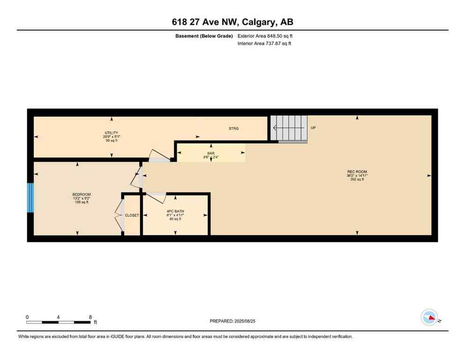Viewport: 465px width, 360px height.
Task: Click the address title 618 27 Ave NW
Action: coord(232,22)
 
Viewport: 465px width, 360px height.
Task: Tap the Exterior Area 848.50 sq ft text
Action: coord(265,36)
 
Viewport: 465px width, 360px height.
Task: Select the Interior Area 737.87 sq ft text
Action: coord(264,44)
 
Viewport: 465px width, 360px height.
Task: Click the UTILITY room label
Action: coord(111,133)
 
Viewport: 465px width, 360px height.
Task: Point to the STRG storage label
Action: coord(234,128)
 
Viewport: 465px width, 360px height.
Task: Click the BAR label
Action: coord(211,153)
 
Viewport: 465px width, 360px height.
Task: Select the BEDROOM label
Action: coord(81,195)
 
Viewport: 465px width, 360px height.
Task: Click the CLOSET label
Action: coord(132,215)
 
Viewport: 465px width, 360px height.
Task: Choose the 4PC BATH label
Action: coord(175,211)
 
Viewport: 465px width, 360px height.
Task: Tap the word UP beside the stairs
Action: coord(313,127)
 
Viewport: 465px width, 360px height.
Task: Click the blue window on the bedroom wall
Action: coord(30,197)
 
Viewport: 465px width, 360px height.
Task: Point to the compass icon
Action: coord(429,317)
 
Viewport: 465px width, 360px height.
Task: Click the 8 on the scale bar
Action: coord(90,317)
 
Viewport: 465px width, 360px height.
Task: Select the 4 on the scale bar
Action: coord(58,317)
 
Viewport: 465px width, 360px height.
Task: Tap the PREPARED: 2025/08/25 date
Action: coord(233,321)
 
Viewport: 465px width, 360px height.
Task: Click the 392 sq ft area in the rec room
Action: coord(357,179)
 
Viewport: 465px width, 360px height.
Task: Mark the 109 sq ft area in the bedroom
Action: coord(81,202)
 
